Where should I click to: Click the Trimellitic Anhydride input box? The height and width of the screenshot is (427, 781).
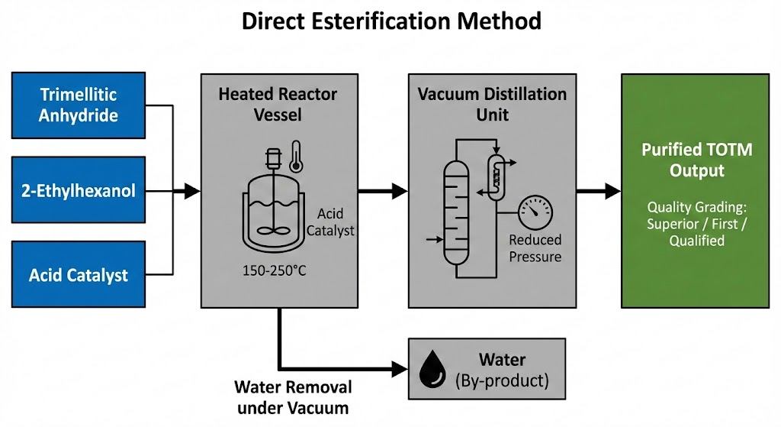point(79,105)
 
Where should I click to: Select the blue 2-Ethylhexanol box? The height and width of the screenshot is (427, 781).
point(79,189)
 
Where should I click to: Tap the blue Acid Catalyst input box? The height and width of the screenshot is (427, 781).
point(79,274)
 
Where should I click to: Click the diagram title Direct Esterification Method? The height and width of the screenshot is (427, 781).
point(390,21)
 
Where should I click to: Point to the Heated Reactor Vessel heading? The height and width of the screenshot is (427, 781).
point(278,105)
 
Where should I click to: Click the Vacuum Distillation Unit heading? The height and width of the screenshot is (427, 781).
point(492,105)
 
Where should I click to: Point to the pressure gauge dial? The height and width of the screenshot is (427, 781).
point(535,212)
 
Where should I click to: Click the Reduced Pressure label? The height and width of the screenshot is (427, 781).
point(535,248)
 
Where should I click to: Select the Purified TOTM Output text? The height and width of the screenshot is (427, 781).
point(696,159)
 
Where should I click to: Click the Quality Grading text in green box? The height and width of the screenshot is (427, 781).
point(696,223)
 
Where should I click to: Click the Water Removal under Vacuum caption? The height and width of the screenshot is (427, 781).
point(292,397)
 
